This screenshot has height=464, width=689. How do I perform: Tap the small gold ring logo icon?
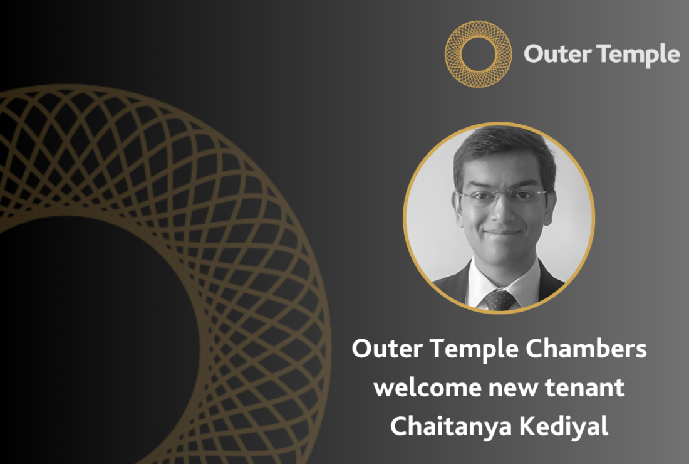tap(479, 54)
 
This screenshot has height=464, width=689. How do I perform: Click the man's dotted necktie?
tap(500, 300)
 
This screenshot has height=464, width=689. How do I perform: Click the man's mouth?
tap(503, 233)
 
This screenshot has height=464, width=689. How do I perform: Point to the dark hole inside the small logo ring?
tap(479, 55)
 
